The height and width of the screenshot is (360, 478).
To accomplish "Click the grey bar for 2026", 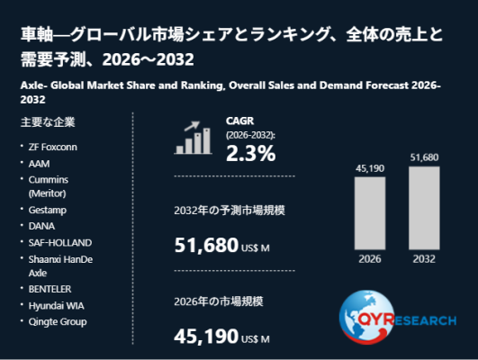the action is [370, 213].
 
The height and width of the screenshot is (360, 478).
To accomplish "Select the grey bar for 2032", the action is [424, 208].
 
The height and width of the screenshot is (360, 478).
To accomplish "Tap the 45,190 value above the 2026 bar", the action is [370, 168].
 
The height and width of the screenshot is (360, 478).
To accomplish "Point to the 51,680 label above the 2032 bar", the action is [424, 157].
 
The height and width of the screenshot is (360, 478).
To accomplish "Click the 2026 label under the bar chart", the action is [370, 259].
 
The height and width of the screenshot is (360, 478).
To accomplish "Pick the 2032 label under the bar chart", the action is [424, 259].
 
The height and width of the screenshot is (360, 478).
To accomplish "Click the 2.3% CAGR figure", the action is [250, 153].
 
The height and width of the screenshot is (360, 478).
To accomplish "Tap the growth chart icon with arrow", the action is [193, 138].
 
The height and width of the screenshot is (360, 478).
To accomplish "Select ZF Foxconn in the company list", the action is [53, 147].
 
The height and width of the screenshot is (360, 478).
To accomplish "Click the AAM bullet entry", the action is [39, 164].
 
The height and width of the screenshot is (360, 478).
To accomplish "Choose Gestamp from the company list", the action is [47, 210].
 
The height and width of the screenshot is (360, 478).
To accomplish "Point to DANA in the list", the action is [41, 226].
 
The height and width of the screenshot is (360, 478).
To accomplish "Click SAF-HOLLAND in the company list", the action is [60, 243].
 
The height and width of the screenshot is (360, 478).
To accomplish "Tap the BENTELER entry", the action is [50, 289].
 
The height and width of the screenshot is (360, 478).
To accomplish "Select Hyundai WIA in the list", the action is [56, 305].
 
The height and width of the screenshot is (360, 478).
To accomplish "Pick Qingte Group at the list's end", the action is [58, 322].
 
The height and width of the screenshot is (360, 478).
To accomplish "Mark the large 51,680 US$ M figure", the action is [221, 246].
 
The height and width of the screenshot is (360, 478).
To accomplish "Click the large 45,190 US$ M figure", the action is [221, 337].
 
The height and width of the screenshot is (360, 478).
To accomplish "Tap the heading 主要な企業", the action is [48, 122].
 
